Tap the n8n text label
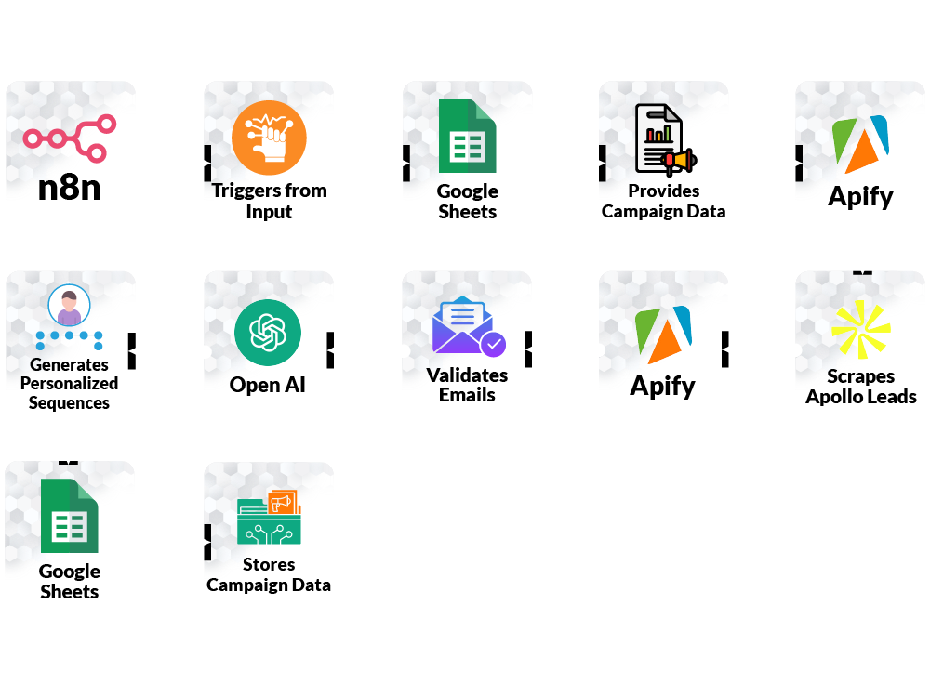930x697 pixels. (x=70, y=189)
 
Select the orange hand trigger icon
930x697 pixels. (x=269, y=138)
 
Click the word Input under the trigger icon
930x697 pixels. (x=269, y=212)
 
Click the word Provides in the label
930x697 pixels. (x=664, y=191)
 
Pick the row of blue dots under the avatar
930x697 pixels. (x=69, y=339)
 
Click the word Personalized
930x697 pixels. (x=70, y=384)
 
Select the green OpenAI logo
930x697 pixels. (x=268, y=333)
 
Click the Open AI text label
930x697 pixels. (x=268, y=384)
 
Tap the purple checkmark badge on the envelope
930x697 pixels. (x=493, y=345)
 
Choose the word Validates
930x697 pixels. (x=467, y=375)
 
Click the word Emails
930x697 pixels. (x=467, y=395)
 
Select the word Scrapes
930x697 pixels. (x=861, y=376)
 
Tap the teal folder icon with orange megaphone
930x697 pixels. (x=269, y=518)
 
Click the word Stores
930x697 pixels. (x=269, y=564)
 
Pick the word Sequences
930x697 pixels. (x=69, y=403)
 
